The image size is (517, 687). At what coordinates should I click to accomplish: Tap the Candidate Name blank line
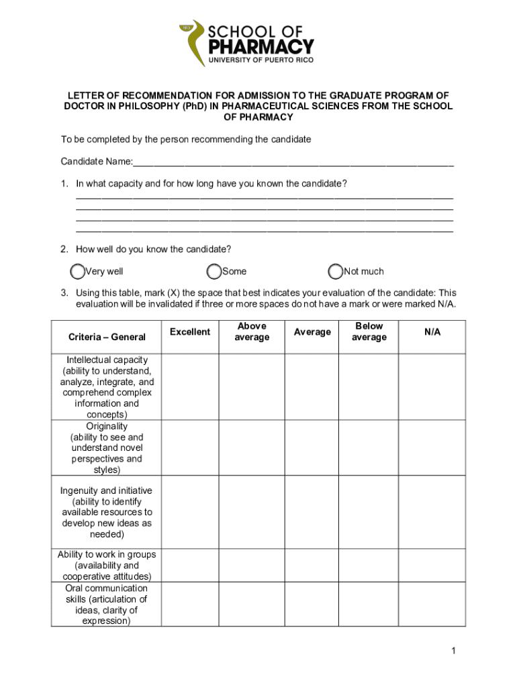pos(293,163)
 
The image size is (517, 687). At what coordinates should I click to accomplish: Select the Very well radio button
pos(78,272)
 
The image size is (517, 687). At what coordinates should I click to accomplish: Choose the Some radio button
pos(214,272)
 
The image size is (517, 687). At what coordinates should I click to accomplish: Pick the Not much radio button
pos(336,272)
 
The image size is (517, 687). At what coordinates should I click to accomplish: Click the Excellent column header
pos(190,332)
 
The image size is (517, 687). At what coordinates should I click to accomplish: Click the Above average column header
pos(252,331)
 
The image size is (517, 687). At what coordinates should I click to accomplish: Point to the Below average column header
pos(369,331)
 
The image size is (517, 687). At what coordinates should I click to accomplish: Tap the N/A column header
pos(432,332)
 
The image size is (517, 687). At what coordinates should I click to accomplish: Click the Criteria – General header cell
pos(107,337)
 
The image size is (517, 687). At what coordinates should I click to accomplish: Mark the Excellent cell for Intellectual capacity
pos(190,387)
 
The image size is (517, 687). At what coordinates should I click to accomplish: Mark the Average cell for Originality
pos(312,447)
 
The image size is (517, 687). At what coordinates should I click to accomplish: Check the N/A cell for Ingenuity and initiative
pos(432,513)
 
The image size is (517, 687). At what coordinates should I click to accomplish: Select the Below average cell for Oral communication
pos(369,604)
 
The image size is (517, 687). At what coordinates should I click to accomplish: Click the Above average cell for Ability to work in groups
pos(252,565)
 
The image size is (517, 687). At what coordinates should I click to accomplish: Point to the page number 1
pos(454,651)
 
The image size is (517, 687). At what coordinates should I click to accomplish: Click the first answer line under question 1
pos(265,197)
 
